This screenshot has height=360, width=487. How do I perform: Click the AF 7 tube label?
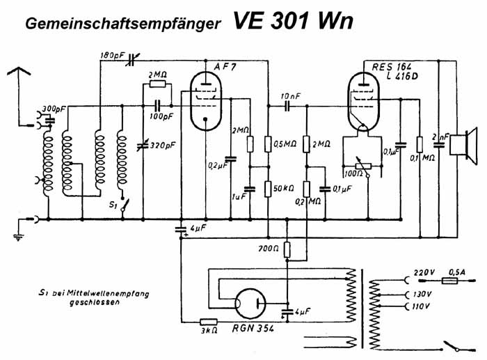click(x=226, y=66)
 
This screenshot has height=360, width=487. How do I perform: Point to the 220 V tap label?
click(x=424, y=272)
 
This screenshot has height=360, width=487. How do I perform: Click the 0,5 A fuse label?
click(x=457, y=272)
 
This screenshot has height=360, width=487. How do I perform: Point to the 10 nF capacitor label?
click(x=289, y=95)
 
